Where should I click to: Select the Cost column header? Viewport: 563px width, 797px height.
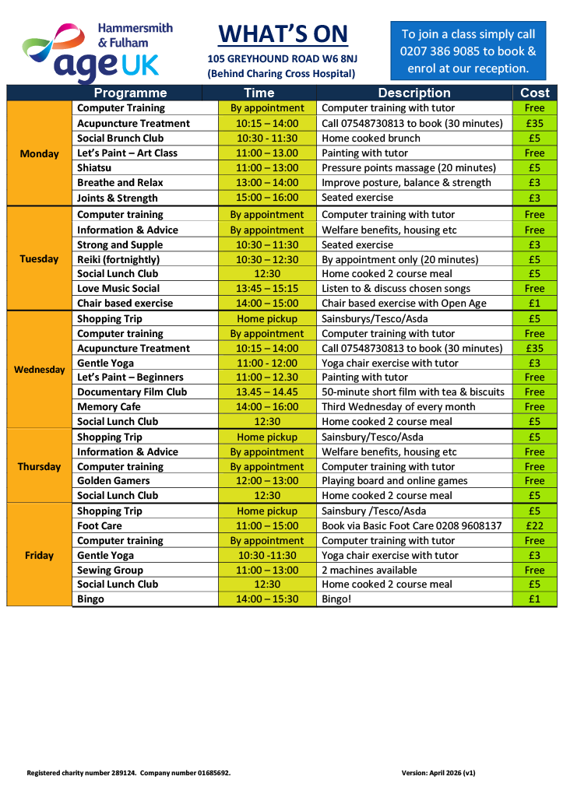(534, 93)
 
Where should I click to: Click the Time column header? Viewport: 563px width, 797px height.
(259, 93)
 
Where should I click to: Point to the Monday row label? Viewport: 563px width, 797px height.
(39, 153)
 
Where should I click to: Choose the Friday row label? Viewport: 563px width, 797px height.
(39, 555)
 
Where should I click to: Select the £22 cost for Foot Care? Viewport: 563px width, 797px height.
(534, 526)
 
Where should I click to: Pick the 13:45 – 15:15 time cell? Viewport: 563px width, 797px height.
(267, 288)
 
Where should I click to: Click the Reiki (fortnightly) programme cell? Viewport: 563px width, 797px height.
(118, 259)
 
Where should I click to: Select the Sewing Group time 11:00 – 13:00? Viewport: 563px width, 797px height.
(267, 571)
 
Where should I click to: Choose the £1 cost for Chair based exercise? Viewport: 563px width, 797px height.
(534, 304)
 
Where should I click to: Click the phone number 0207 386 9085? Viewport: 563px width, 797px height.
(440, 51)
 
